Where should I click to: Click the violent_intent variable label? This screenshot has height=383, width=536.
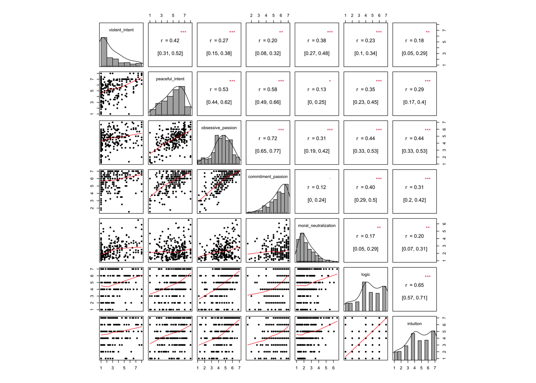121,30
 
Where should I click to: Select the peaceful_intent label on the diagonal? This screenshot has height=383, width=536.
170,79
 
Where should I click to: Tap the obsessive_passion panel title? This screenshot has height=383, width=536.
219,128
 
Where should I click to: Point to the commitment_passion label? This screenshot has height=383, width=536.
268,177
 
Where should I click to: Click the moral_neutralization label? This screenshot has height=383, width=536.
317,226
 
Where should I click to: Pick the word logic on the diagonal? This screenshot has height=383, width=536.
365,274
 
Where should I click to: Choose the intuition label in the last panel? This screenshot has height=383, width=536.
414,324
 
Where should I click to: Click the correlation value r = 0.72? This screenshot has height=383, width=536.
268,138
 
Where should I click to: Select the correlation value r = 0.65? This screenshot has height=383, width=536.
414,285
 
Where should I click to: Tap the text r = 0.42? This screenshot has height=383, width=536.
170,41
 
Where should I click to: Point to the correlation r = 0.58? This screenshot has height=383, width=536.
268,89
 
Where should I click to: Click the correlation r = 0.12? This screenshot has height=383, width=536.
317,188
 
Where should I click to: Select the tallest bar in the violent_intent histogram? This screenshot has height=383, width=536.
104,52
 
